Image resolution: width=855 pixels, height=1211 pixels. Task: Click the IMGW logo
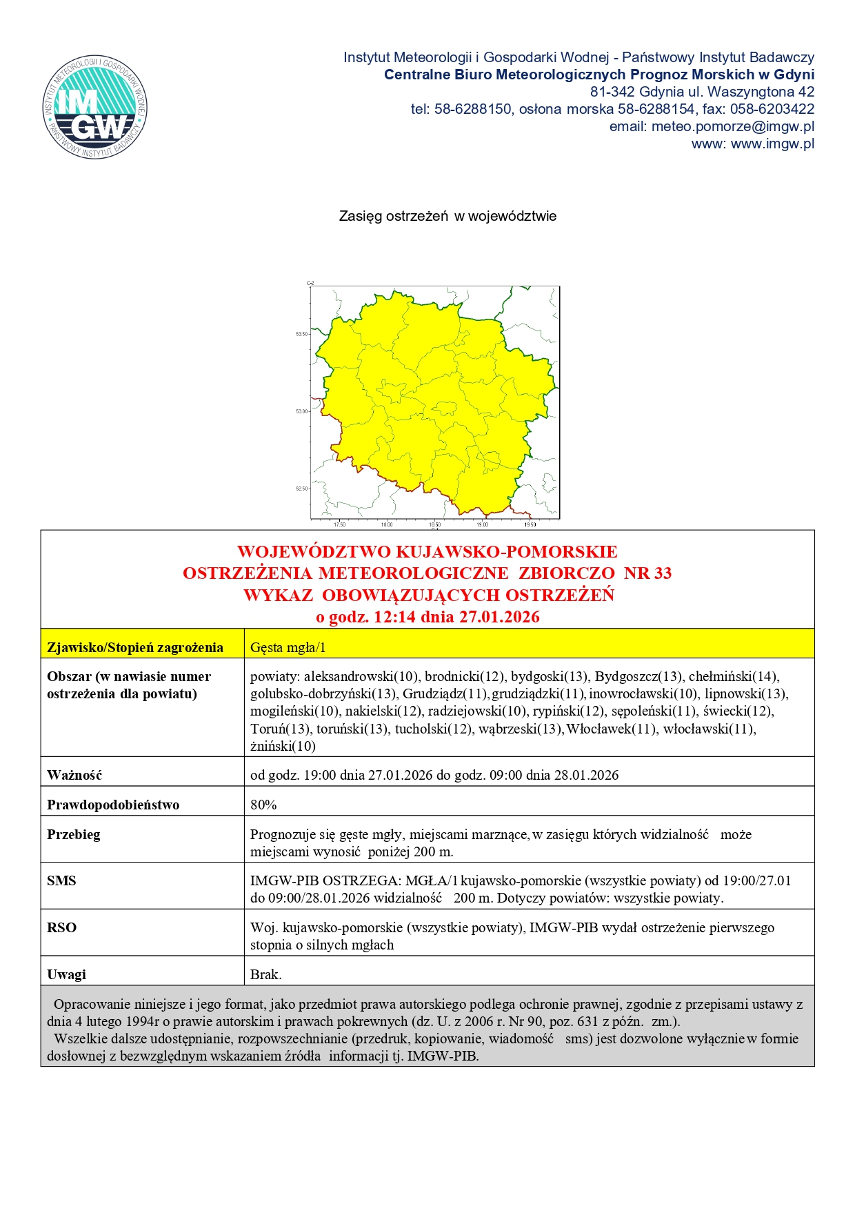click(x=94, y=107)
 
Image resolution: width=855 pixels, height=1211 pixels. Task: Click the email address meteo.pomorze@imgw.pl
click(x=732, y=126)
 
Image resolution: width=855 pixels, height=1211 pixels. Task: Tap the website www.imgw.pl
click(x=772, y=144)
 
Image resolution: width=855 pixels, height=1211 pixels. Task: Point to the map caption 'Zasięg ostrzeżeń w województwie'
click(x=447, y=216)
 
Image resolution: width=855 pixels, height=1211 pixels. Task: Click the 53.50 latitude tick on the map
click(x=302, y=334)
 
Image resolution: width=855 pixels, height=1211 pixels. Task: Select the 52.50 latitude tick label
click(x=302, y=489)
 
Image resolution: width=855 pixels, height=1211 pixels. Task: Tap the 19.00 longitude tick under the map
click(x=482, y=524)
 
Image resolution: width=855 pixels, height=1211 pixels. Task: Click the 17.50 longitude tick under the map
click(x=339, y=524)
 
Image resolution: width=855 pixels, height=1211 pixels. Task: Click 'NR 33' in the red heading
click(x=647, y=573)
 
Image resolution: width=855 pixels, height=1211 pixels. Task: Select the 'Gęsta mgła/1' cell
click(x=288, y=647)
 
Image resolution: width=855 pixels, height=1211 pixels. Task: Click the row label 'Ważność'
click(x=74, y=775)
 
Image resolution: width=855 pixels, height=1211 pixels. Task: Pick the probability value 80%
click(x=263, y=805)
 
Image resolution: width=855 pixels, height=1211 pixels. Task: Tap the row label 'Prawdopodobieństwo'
click(x=113, y=805)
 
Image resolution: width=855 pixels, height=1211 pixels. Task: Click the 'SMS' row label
click(x=61, y=880)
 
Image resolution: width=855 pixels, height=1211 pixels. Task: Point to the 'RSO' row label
click(x=61, y=927)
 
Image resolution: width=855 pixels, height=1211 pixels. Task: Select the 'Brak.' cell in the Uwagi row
click(x=266, y=974)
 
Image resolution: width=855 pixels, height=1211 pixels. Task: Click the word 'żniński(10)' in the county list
click(x=283, y=746)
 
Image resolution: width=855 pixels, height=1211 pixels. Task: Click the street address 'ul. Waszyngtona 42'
click(x=761, y=92)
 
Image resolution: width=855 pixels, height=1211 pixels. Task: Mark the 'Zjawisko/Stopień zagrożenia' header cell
click(x=135, y=647)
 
